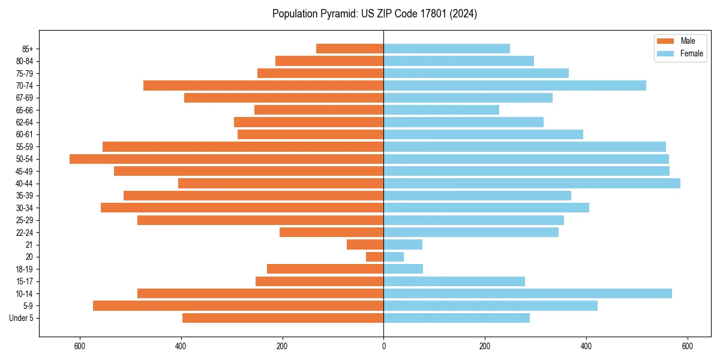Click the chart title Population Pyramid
click(374, 14)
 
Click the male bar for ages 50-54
click(227, 159)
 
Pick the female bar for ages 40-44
click(532, 184)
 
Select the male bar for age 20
click(375, 257)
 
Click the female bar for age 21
click(403, 245)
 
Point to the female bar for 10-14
click(527, 293)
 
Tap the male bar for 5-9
click(238, 306)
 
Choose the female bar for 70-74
click(515, 86)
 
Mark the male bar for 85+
click(350, 49)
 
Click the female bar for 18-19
click(403, 269)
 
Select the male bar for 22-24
click(332, 232)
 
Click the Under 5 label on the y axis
click(21, 318)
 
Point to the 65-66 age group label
click(25, 110)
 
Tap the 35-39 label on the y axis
click(25, 196)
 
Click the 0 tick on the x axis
click(383, 346)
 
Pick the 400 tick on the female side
click(586, 346)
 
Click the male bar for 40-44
click(281, 184)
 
